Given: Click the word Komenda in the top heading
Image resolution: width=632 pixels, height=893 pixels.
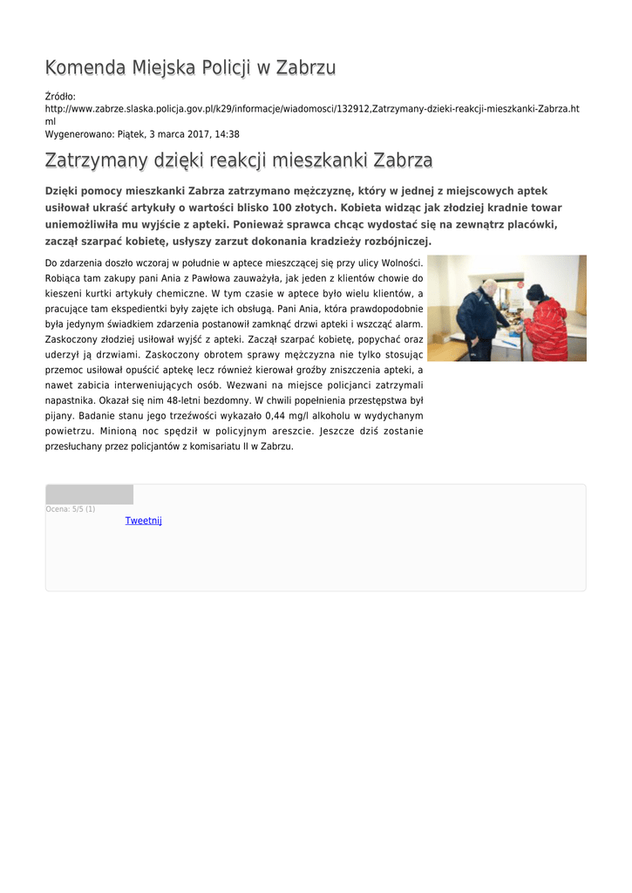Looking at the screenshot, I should (x=85, y=68).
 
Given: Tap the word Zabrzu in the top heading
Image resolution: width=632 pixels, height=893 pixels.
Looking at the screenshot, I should (x=306, y=68).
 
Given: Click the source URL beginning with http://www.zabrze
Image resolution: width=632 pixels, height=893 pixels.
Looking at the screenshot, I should (x=311, y=109).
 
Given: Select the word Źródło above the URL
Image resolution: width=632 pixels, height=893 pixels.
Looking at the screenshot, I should (x=60, y=96).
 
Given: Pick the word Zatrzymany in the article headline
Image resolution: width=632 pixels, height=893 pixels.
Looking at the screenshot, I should (x=99, y=161).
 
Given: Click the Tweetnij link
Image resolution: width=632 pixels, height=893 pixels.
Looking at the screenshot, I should (x=144, y=521).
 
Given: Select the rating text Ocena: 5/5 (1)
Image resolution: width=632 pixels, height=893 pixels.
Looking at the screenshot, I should (x=71, y=509).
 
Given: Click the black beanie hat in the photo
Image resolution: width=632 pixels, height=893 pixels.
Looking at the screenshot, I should (x=534, y=291).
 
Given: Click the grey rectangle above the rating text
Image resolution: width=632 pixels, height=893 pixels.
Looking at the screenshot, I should (x=89, y=494).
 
